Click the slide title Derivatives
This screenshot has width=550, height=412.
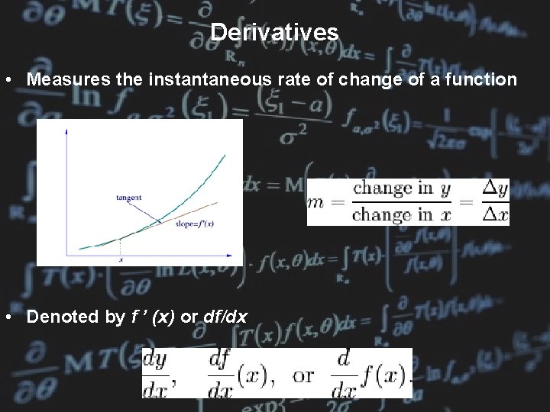click(x=274, y=32)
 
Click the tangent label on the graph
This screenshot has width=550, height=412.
click(x=128, y=198)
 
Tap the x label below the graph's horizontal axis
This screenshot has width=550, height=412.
click(x=121, y=259)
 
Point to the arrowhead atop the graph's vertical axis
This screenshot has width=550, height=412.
click(x=66, y=132)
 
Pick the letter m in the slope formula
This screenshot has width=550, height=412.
click(x=316, y=202)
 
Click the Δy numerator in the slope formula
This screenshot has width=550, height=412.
click(x=495, y=188)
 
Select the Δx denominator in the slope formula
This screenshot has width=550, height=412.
click(x=495, y=215)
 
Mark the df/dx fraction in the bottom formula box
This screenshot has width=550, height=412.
click(x=222, y=374)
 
